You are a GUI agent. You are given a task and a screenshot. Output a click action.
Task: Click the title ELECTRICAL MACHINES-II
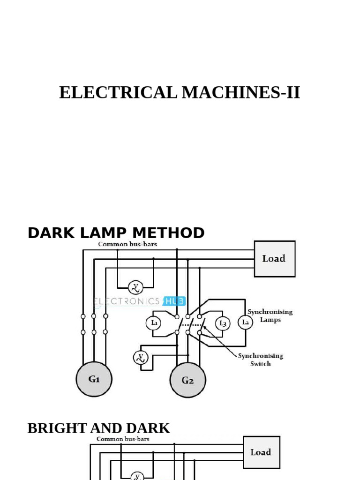pyautogui.click(x=180, y=93)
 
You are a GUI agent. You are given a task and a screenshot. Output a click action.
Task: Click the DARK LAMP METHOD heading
pyautogui.click(x=116, y=232)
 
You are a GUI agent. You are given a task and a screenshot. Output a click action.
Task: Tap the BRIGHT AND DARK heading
pyautogui.click(x=98, y=428)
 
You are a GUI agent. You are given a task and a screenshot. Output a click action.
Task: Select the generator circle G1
pyautogui.click(x=94, y=379)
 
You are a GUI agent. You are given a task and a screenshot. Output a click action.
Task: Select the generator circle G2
pyautogui.click(x=187, y=380)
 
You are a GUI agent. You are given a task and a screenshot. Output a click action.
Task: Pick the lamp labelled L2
pyautogui.click(x=245, y=322)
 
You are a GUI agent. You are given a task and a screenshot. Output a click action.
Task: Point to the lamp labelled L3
pyautogui.click(x=223, y=323)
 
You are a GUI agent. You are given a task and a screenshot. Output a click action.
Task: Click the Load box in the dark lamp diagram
pyautogui.click(x=274, y=259)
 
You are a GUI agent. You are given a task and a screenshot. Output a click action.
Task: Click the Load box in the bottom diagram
pyautogui.click(x=261, y=452)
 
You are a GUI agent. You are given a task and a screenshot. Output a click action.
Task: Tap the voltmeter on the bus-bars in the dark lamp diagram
pyautogui.click(x=135, y=286)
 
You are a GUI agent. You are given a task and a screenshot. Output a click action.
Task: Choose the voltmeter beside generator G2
pyautogui.click(x=140, y=358)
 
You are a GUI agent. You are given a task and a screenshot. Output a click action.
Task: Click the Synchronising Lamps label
pyautogui.click(x=270, y=315)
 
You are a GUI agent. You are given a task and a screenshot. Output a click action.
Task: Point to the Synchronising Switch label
pyautogui.click(x=260, y=360)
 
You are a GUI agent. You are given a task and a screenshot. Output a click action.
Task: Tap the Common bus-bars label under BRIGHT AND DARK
pyautogui.click(x=123, y=439)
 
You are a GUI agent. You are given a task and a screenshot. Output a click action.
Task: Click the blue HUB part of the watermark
pyautogui.click(x=174, y=301)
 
